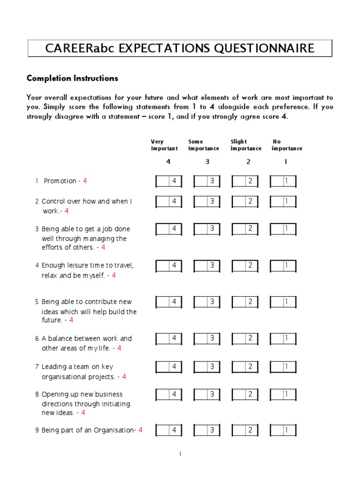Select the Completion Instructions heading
point(72,78)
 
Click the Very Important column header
point(164,145)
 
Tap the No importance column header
point(286,145)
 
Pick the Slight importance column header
point(246,145)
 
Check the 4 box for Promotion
point(169,181)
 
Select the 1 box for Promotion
point(283,181)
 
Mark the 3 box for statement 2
point(207,202)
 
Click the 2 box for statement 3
point(245,229)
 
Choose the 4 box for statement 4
point(169,265)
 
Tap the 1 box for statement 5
point(283,302)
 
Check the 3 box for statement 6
point(207,338)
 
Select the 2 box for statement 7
point(245,366)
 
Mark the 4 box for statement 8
point(169,394)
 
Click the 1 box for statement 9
point(283,430)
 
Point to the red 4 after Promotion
point(85,181)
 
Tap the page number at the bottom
point(180,454)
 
